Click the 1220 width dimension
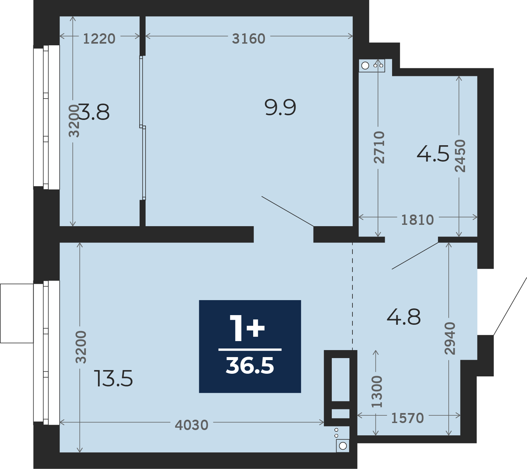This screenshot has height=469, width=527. coord(99,39)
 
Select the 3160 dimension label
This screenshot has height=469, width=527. coord(249,39)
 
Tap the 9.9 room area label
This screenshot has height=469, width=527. coord(280,108)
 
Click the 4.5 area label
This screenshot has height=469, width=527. coord(433,154)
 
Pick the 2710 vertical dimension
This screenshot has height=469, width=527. coord(379,147)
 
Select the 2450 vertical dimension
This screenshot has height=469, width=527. coord(460,156)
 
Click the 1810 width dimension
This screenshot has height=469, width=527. coord(417,220)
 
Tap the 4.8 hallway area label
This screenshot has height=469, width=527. coord(404,317)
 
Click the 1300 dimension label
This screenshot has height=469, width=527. coord(377,392)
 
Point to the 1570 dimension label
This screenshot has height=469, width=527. coord(407,418)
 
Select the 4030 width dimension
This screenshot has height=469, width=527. coord(192,425)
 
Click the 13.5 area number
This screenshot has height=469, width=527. coord(114,378)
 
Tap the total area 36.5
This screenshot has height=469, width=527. coord(250,365)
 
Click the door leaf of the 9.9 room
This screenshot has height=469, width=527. coord(288,212)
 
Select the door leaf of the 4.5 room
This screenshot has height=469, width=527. coord(415,255)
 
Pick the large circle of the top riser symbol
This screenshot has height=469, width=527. coord(365,66)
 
